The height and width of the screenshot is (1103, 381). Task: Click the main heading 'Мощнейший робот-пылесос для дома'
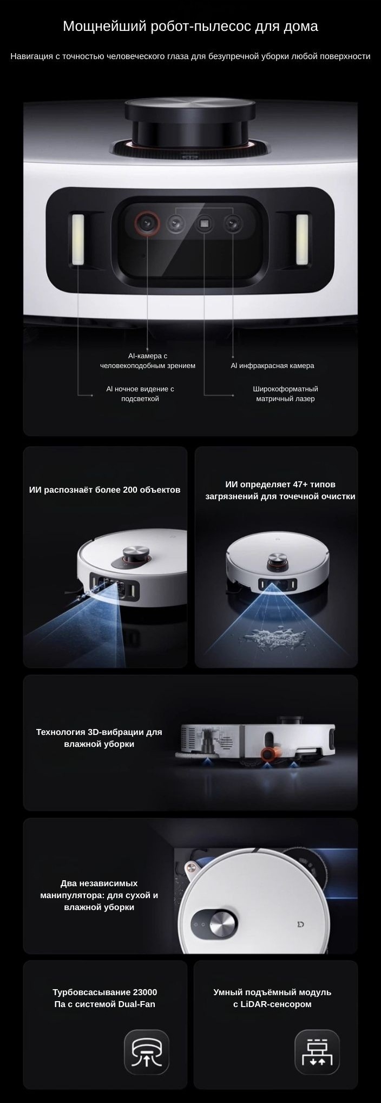pyautogui.click(x=190, y=27)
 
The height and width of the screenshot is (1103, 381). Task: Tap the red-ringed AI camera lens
pyautogui.click(x=147, y=223)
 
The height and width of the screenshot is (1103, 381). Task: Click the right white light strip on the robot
pyautogui.click(x=302, y=240)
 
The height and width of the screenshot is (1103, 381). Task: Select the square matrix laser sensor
pyautogui.click(x=204, y=223)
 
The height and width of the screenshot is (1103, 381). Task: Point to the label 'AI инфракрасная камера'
pyautogui.click(x=272, y=365)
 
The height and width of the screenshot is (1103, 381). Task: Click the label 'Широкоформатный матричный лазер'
pyautogui.click(x=285, y=394)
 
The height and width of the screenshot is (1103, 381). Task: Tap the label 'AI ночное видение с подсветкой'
pyautogui.click(x=140, y=394)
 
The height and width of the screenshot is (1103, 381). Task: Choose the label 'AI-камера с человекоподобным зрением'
pyautogui.click(x=148, y=360)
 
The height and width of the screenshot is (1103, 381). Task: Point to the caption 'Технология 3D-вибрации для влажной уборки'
pyautogui.click(x=99, y=738)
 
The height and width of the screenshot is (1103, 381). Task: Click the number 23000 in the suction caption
pyautogui.click(x=145, y=992)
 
